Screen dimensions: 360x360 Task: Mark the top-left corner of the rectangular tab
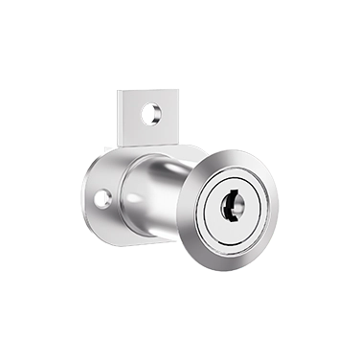pos(120,91)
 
